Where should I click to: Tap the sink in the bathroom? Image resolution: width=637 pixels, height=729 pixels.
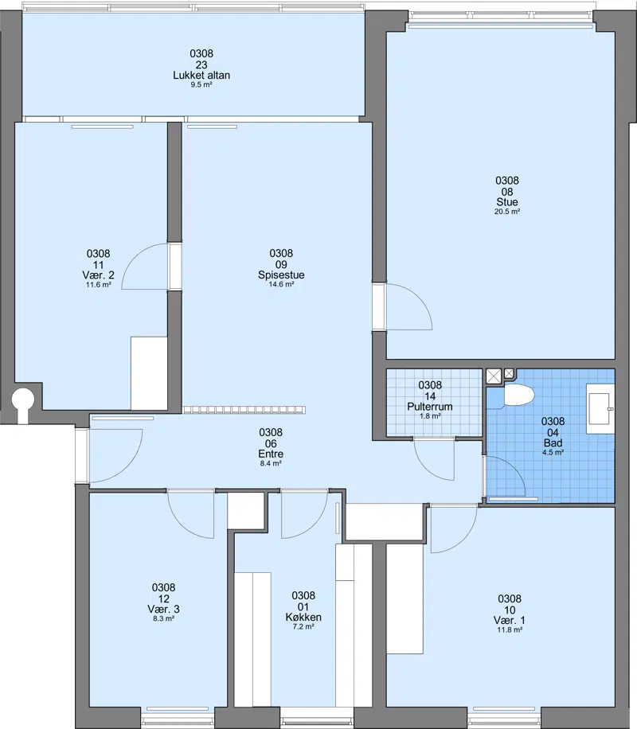click(600, 408)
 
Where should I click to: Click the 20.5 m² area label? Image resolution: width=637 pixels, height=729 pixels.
click(506, 212)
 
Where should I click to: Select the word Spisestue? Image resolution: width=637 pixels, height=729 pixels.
click(281, 275)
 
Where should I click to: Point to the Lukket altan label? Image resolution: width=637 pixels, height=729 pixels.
click(201, 76)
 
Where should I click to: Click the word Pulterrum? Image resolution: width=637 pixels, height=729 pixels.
click(430, 407)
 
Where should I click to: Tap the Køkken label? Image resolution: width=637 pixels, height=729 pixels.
click(303, 618)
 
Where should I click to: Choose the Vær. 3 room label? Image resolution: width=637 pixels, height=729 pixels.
click(163, 610)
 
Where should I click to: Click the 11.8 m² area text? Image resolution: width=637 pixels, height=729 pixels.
click(510, 630)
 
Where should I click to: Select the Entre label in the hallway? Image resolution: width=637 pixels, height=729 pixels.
click(271, 454)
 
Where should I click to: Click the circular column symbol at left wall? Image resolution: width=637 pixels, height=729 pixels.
click(22, 400)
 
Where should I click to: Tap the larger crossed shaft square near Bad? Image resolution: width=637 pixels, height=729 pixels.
click(494, 376)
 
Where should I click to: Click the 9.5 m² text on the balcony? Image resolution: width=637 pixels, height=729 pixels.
click(201, 85)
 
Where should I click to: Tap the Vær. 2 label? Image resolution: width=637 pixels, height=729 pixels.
click(98, 275)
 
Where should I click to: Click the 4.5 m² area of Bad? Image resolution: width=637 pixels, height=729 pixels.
click(553, 452)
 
